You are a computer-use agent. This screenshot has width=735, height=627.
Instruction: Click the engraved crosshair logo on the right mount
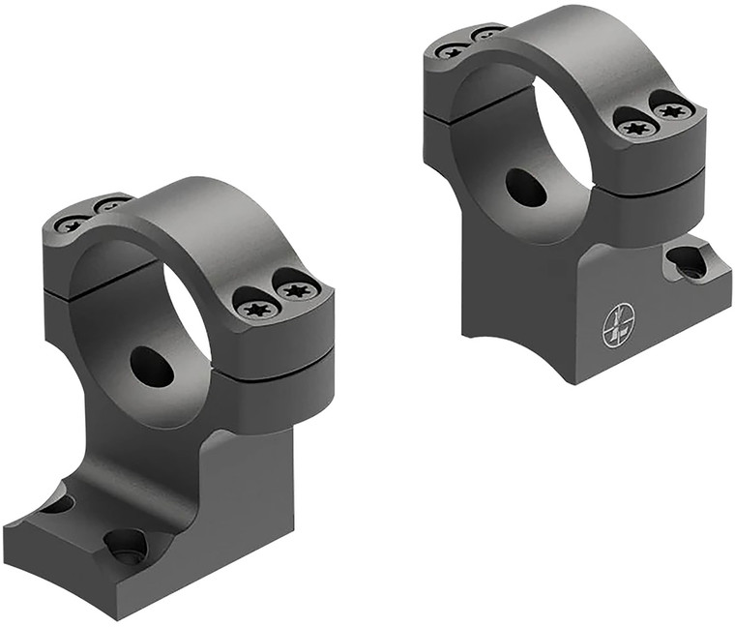618,326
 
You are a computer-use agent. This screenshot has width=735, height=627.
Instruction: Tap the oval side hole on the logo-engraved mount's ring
526,188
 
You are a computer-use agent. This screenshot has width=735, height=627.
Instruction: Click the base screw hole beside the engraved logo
688,262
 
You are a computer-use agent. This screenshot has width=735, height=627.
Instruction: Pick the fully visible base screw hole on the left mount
126,546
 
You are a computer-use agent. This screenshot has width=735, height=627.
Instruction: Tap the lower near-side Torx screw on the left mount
256,309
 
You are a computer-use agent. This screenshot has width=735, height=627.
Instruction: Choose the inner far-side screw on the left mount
111,205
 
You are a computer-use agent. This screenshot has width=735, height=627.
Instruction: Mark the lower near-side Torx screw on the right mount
635,126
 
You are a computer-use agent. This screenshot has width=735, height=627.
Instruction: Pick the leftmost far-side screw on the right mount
450,50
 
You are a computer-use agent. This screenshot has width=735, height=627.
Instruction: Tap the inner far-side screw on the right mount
487,34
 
